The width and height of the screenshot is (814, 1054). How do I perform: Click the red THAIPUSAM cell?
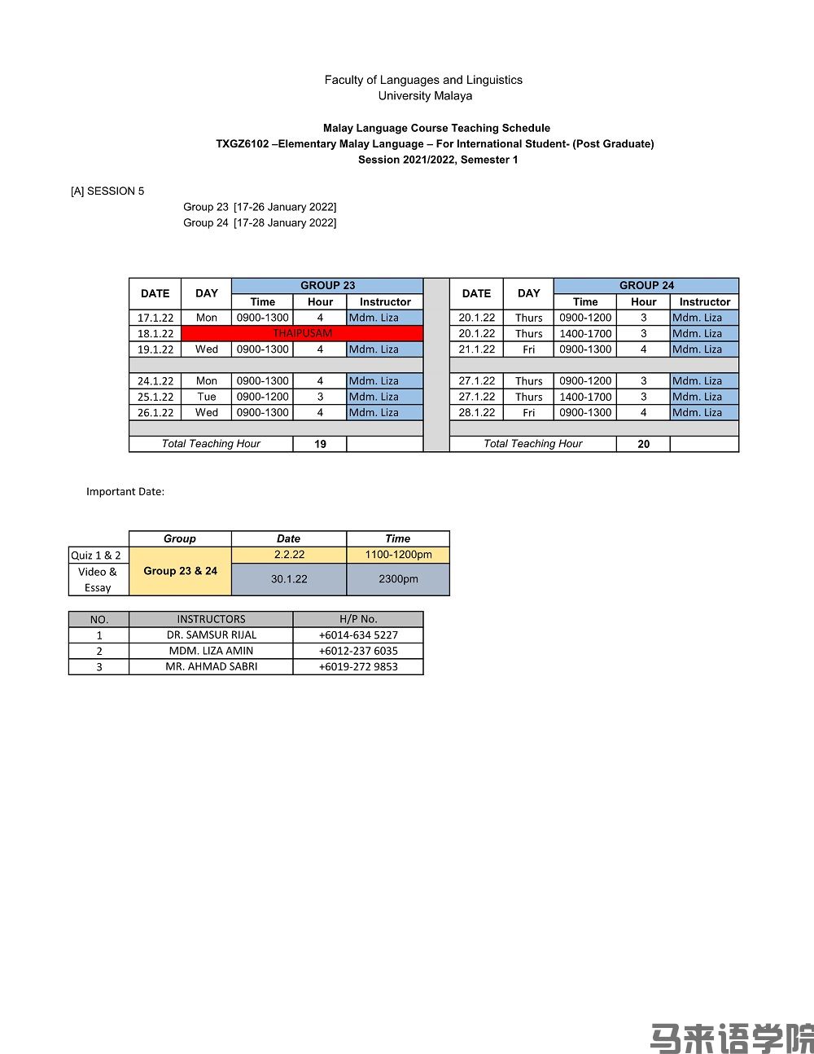click(302, 333)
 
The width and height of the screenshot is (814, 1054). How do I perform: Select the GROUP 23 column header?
click(327, 285)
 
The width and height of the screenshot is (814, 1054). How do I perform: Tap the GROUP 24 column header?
click(646, 285)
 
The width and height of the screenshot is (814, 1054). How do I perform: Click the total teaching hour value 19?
click(320, 444)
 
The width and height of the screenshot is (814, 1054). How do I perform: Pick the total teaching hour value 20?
click(643, 444)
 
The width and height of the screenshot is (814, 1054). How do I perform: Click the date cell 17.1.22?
click(155, 318)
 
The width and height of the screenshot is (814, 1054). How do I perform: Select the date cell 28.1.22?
click(476, 412)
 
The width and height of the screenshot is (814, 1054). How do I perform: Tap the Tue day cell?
click(207, 397)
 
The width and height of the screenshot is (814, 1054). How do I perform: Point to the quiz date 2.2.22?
click(289, 555)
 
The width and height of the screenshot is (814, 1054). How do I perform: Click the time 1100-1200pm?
click(398, 555)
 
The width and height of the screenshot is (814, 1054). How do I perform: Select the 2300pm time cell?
click(398, 579)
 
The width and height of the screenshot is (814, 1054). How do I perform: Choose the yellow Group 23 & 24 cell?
click(180, 571)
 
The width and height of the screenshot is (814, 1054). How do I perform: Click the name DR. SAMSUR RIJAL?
click(211, 635)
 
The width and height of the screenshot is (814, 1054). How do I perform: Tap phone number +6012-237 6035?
click(358, 651)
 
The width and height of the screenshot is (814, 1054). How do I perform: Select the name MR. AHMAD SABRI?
click(211, 666)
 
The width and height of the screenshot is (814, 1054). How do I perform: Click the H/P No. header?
click(358, 619)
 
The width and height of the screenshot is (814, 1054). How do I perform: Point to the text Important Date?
click(125, 491)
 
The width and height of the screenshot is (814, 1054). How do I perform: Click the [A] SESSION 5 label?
click(107, 191)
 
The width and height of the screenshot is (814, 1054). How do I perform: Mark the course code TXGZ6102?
click(242, 144)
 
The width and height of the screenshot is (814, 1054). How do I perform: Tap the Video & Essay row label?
click(98, 579)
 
